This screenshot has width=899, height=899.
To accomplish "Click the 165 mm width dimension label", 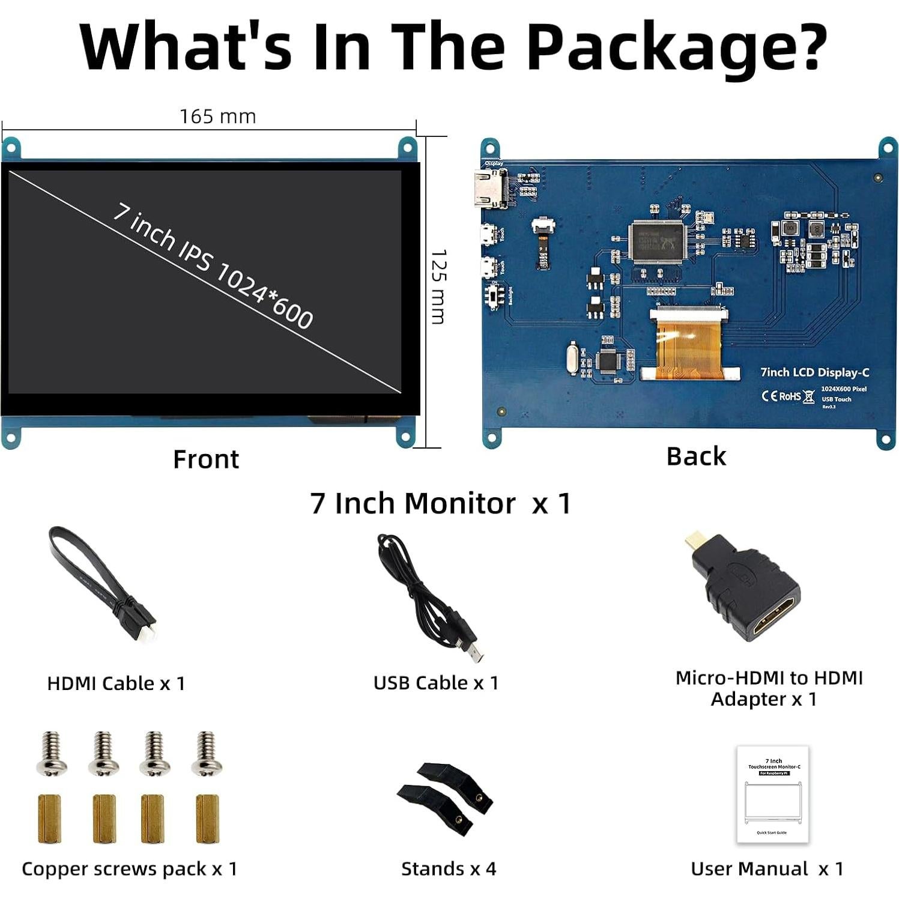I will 217,116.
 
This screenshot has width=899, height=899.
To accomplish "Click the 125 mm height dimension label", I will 439,287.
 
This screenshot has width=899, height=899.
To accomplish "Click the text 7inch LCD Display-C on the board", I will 814,372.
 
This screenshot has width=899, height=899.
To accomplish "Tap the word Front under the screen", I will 205,459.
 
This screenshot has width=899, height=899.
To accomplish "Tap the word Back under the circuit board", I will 695,456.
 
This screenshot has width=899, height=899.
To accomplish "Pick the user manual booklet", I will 772,794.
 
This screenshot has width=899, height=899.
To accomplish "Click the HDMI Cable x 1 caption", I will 116,683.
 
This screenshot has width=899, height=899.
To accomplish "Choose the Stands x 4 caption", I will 449,869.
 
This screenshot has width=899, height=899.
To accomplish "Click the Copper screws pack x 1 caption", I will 129,869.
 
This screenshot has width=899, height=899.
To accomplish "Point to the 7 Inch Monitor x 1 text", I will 440,503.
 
